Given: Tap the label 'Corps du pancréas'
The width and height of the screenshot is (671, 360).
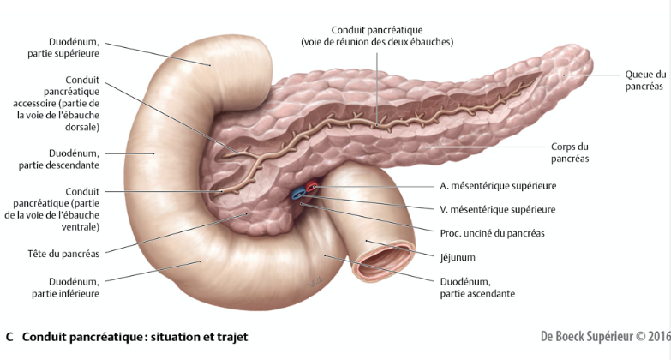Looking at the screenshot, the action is (570, 153).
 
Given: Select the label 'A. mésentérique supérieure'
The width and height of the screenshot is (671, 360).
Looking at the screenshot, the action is (498, 184).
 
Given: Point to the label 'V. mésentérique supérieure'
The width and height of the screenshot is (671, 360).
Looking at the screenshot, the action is (497, 208).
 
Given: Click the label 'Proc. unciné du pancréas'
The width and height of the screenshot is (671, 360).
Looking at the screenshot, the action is (493, 232).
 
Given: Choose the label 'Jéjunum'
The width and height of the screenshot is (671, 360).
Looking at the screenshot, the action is (458, 256).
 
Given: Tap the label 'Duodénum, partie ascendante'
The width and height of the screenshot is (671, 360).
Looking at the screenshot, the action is (477, 286).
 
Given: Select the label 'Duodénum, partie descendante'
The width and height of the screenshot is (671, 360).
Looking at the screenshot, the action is (63, 158).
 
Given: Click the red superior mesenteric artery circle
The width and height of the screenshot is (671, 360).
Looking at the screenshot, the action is (312, 187).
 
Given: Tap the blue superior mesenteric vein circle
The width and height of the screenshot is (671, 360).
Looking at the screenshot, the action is (299, 195).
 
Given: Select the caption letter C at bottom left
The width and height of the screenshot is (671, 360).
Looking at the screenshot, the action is (9, 337).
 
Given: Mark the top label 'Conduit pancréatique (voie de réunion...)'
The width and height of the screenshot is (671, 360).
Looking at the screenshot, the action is (377, 36).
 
